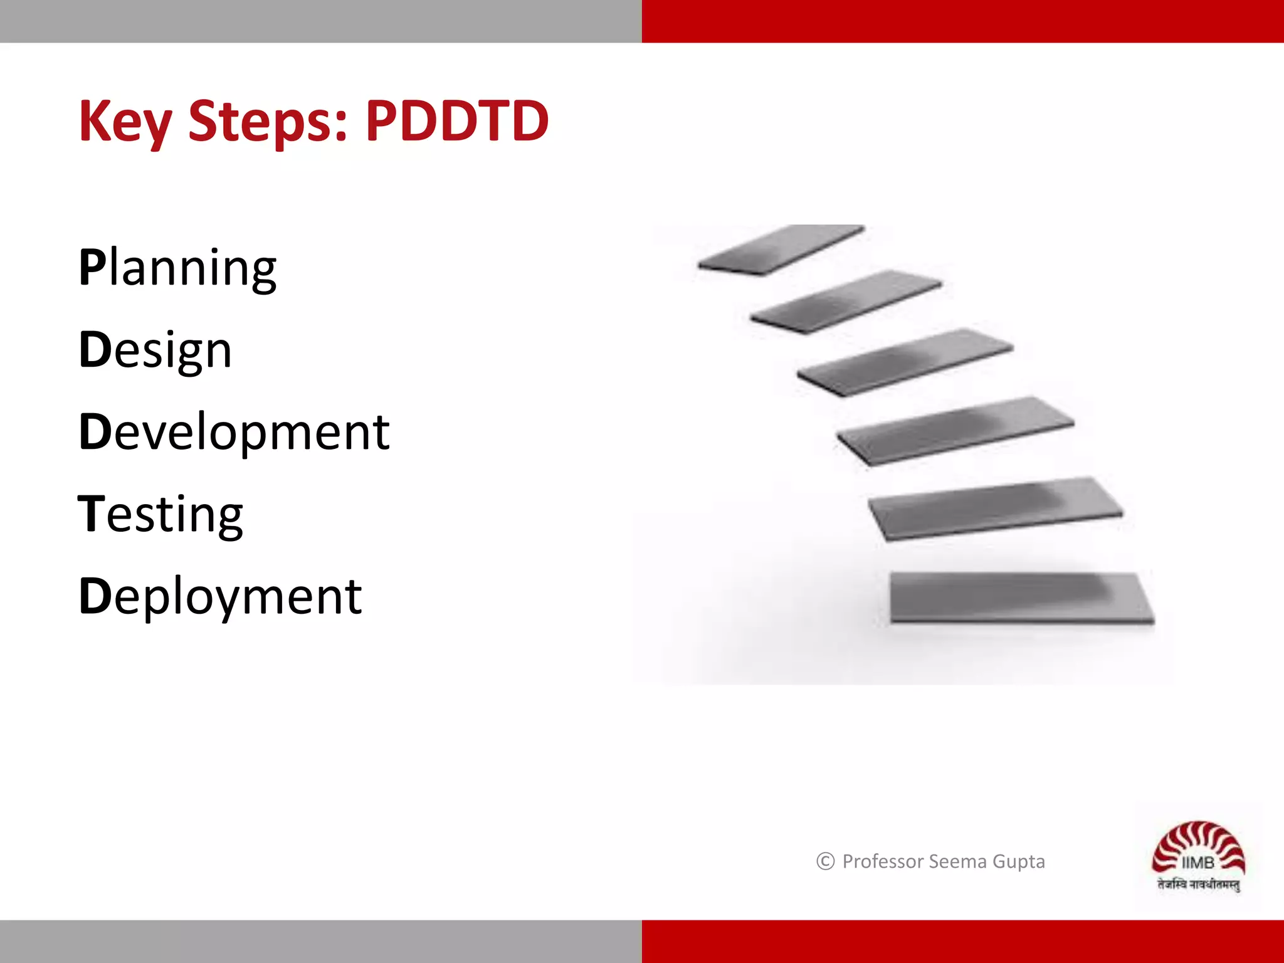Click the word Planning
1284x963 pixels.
click(177, 268)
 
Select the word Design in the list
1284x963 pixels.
click(155, 350)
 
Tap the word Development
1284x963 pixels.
click(234, 432)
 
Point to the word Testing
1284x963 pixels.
click(160, 514)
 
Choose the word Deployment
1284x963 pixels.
click(220, 596)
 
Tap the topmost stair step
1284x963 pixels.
click(781, 250)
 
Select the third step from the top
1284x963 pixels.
click(905, 362)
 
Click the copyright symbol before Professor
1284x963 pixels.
click(825, 861)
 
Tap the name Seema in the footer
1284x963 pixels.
click(957, 861)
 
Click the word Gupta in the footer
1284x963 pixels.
click(1019, 862)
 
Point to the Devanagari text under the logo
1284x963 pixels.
click(1198, 885)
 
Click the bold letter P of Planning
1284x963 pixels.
click(92, 268)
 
